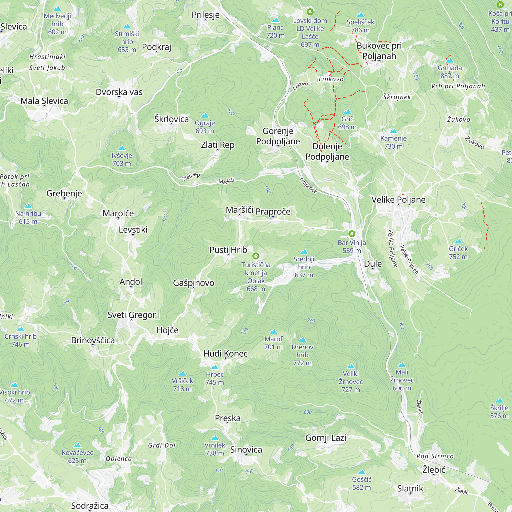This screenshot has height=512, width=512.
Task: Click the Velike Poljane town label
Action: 398,200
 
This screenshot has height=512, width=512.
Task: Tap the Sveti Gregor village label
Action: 131,315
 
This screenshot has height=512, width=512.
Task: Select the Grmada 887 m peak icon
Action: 450,61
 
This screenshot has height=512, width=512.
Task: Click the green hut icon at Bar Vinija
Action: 352,234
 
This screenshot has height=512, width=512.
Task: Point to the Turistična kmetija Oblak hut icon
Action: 256,256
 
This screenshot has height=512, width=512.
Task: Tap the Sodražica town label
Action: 90,506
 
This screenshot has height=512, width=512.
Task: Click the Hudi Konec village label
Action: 226,353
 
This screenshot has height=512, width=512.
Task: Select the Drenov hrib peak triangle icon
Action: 302,340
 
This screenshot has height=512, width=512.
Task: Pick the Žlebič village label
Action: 434,470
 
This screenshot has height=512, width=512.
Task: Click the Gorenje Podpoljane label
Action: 278,136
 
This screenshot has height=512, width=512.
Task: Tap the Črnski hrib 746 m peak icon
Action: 20,329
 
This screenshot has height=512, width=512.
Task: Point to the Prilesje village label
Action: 206,15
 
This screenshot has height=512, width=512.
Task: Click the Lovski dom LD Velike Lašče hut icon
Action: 310,12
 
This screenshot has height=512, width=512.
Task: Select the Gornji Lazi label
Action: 326,438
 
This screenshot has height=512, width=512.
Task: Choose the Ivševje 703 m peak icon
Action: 122,148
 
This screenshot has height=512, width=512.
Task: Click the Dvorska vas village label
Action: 119,92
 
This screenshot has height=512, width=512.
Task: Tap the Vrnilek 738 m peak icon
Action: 215,438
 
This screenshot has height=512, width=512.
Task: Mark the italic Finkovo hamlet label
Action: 331,79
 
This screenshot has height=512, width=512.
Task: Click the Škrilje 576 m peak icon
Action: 499,400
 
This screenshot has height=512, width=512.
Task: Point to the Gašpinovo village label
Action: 194,283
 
